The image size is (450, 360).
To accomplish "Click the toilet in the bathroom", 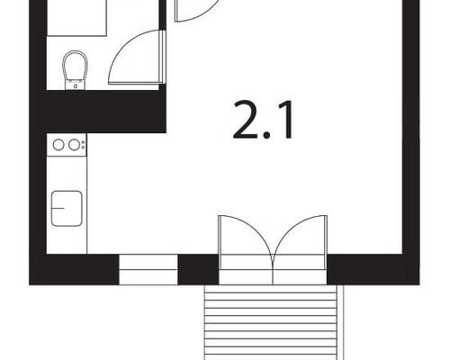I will coord(76,68).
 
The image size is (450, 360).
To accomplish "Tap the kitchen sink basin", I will coord(67,208).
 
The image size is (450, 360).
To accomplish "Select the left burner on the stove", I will coord(58,144).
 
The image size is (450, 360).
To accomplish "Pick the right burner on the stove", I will coord(73,144).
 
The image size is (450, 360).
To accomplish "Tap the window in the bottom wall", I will coord(148,269).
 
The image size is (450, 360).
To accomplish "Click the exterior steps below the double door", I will coord(274,319).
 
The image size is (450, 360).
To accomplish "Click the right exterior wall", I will coord(410,135).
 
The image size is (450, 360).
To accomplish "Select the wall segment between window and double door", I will coord(198,269).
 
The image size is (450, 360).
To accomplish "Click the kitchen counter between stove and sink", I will coord(67,171).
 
